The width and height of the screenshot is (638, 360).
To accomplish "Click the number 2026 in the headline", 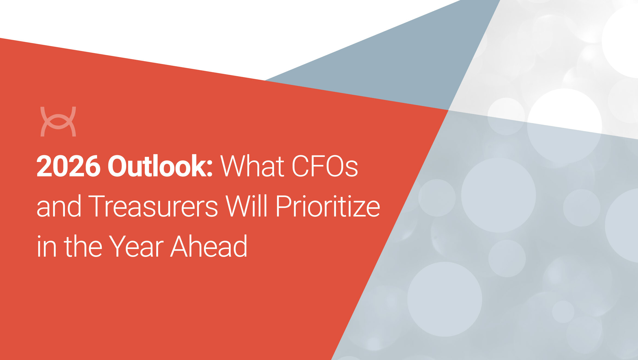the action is click(68, 166).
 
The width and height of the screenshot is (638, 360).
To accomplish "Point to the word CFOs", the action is click(325, 166).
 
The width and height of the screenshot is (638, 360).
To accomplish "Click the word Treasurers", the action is click(153, 206).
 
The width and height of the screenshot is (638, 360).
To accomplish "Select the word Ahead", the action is click(209, 246).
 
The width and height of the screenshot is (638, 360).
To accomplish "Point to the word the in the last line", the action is click(83, 246).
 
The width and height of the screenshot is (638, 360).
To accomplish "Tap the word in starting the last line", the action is click(46, 247).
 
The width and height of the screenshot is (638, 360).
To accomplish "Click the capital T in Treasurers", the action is click(97, 206).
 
